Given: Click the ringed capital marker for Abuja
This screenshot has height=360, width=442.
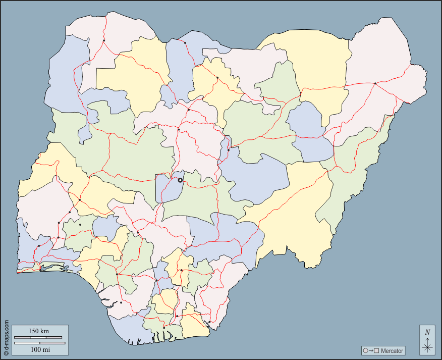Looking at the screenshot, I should pyautogui.click(x=180, y=180).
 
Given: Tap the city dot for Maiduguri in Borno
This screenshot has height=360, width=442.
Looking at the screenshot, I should pyautogui.click(x=375, y=83).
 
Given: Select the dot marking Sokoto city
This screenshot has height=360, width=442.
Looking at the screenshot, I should pyautogui.click(x=104, y=40).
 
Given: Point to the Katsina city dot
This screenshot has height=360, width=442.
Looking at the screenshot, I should pyautogui.click(x=185, y=43).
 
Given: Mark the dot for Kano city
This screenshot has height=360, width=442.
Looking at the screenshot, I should pyautogui.click(x=217, y=78).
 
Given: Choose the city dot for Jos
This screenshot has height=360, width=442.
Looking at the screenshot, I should pyautogui.click(x=228, y=150).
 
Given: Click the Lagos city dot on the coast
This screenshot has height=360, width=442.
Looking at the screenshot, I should pyautogui.click(x=40, y=270).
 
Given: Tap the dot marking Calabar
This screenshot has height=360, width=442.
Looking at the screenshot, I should pyautogui.click(x=209, y=322).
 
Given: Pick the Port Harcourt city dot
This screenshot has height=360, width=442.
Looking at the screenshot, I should pyautogui.click(x=164, y=328).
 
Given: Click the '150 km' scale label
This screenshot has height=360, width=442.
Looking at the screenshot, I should pyautogui.click(x=38, y=331).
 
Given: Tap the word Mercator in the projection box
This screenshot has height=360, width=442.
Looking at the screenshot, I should pyautogui.click(x=392, y=351).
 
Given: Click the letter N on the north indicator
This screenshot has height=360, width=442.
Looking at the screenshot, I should pyautogui.click(x=427, y=332).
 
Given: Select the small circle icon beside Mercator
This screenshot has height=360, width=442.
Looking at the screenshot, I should pyautogui.click(x=365, y=351).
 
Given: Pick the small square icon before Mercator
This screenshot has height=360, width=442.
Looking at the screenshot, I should pyautogui.click(x=376, y=351).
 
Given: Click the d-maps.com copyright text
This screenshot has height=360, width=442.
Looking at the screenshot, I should pyautogui.click(x=6, y=335).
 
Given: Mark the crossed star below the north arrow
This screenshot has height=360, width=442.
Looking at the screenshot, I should pyautogui.click(x=427, y=347).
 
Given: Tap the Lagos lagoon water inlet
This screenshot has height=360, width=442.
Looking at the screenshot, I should pyautogui.click(x=56, y=268).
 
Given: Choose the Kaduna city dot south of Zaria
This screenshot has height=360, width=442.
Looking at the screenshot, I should pyautogui.click(x=179, y=129).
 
